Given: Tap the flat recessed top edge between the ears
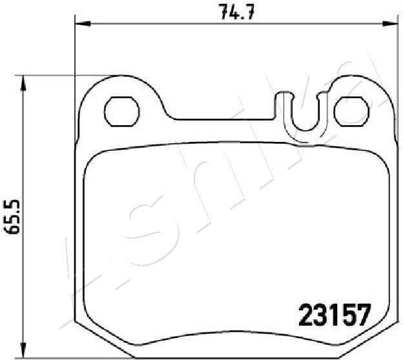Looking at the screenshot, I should click(x=220, y=119).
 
